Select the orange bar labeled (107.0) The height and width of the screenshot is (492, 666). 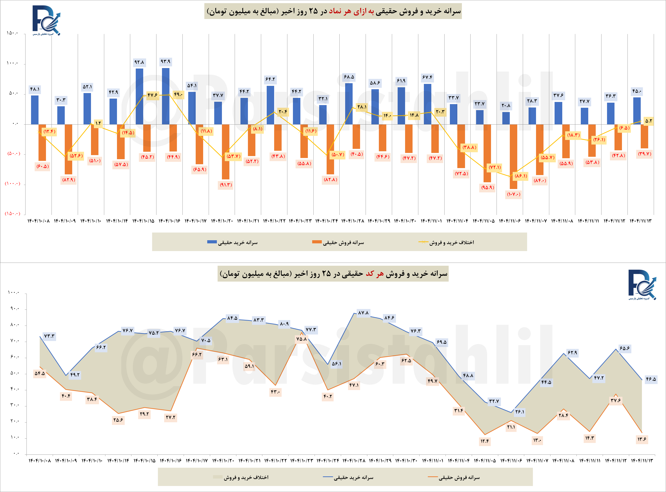513,156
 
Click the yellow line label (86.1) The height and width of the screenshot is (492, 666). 521,176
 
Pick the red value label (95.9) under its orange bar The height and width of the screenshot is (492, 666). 487,188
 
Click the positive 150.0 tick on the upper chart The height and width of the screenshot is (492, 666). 12,33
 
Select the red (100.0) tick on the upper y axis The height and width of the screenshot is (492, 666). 12,184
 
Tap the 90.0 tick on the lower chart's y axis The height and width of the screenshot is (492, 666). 14,309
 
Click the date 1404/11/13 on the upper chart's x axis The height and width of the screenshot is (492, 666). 640,221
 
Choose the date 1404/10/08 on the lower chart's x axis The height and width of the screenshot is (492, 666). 39,461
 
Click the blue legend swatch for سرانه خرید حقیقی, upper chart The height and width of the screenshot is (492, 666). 212,242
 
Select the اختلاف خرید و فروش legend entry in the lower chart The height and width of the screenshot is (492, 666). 241,477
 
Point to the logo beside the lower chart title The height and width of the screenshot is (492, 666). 642,285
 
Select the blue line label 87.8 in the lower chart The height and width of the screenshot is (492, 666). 363,313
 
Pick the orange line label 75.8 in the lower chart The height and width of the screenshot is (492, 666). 301,339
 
